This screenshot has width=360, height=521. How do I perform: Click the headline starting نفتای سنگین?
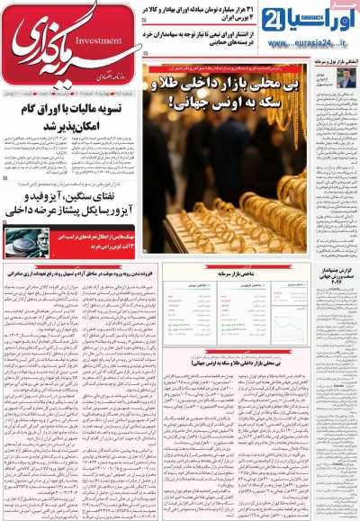(x=70, y=211)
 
